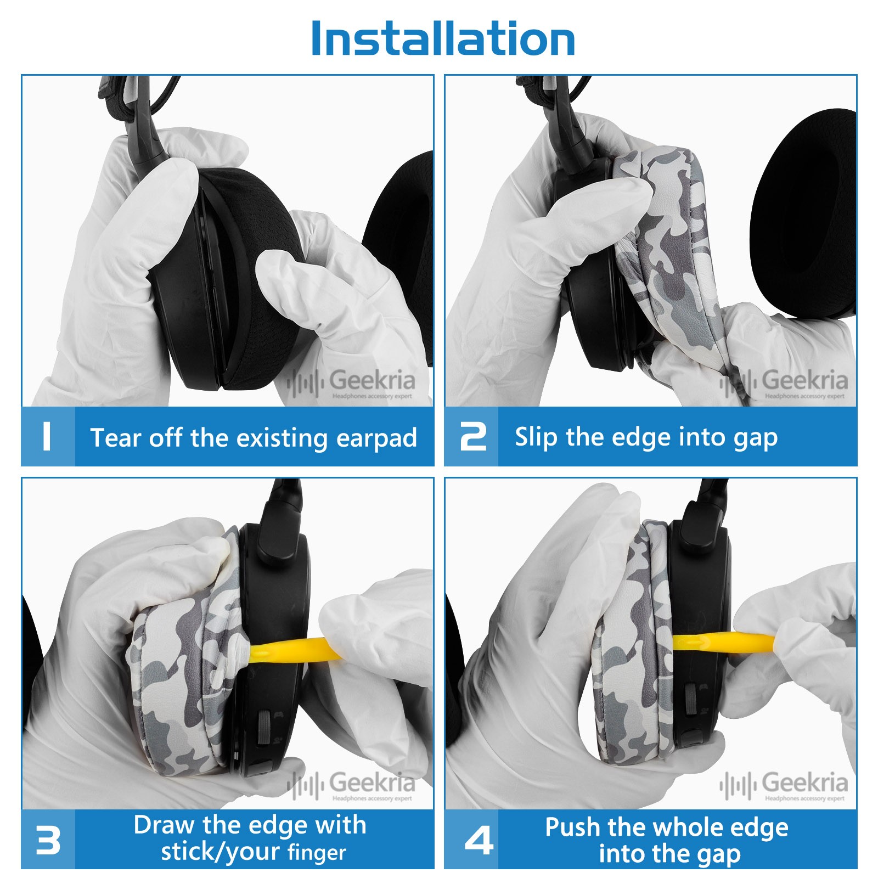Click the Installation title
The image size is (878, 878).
443,38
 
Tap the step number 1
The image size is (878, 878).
47,437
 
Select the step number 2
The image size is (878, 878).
473,437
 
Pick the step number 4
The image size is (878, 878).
479,840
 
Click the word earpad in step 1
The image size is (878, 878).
376,438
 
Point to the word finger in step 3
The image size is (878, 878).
317,853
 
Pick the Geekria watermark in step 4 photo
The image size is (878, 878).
784,785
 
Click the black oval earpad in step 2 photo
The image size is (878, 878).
803,214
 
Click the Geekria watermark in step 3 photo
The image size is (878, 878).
351,785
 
